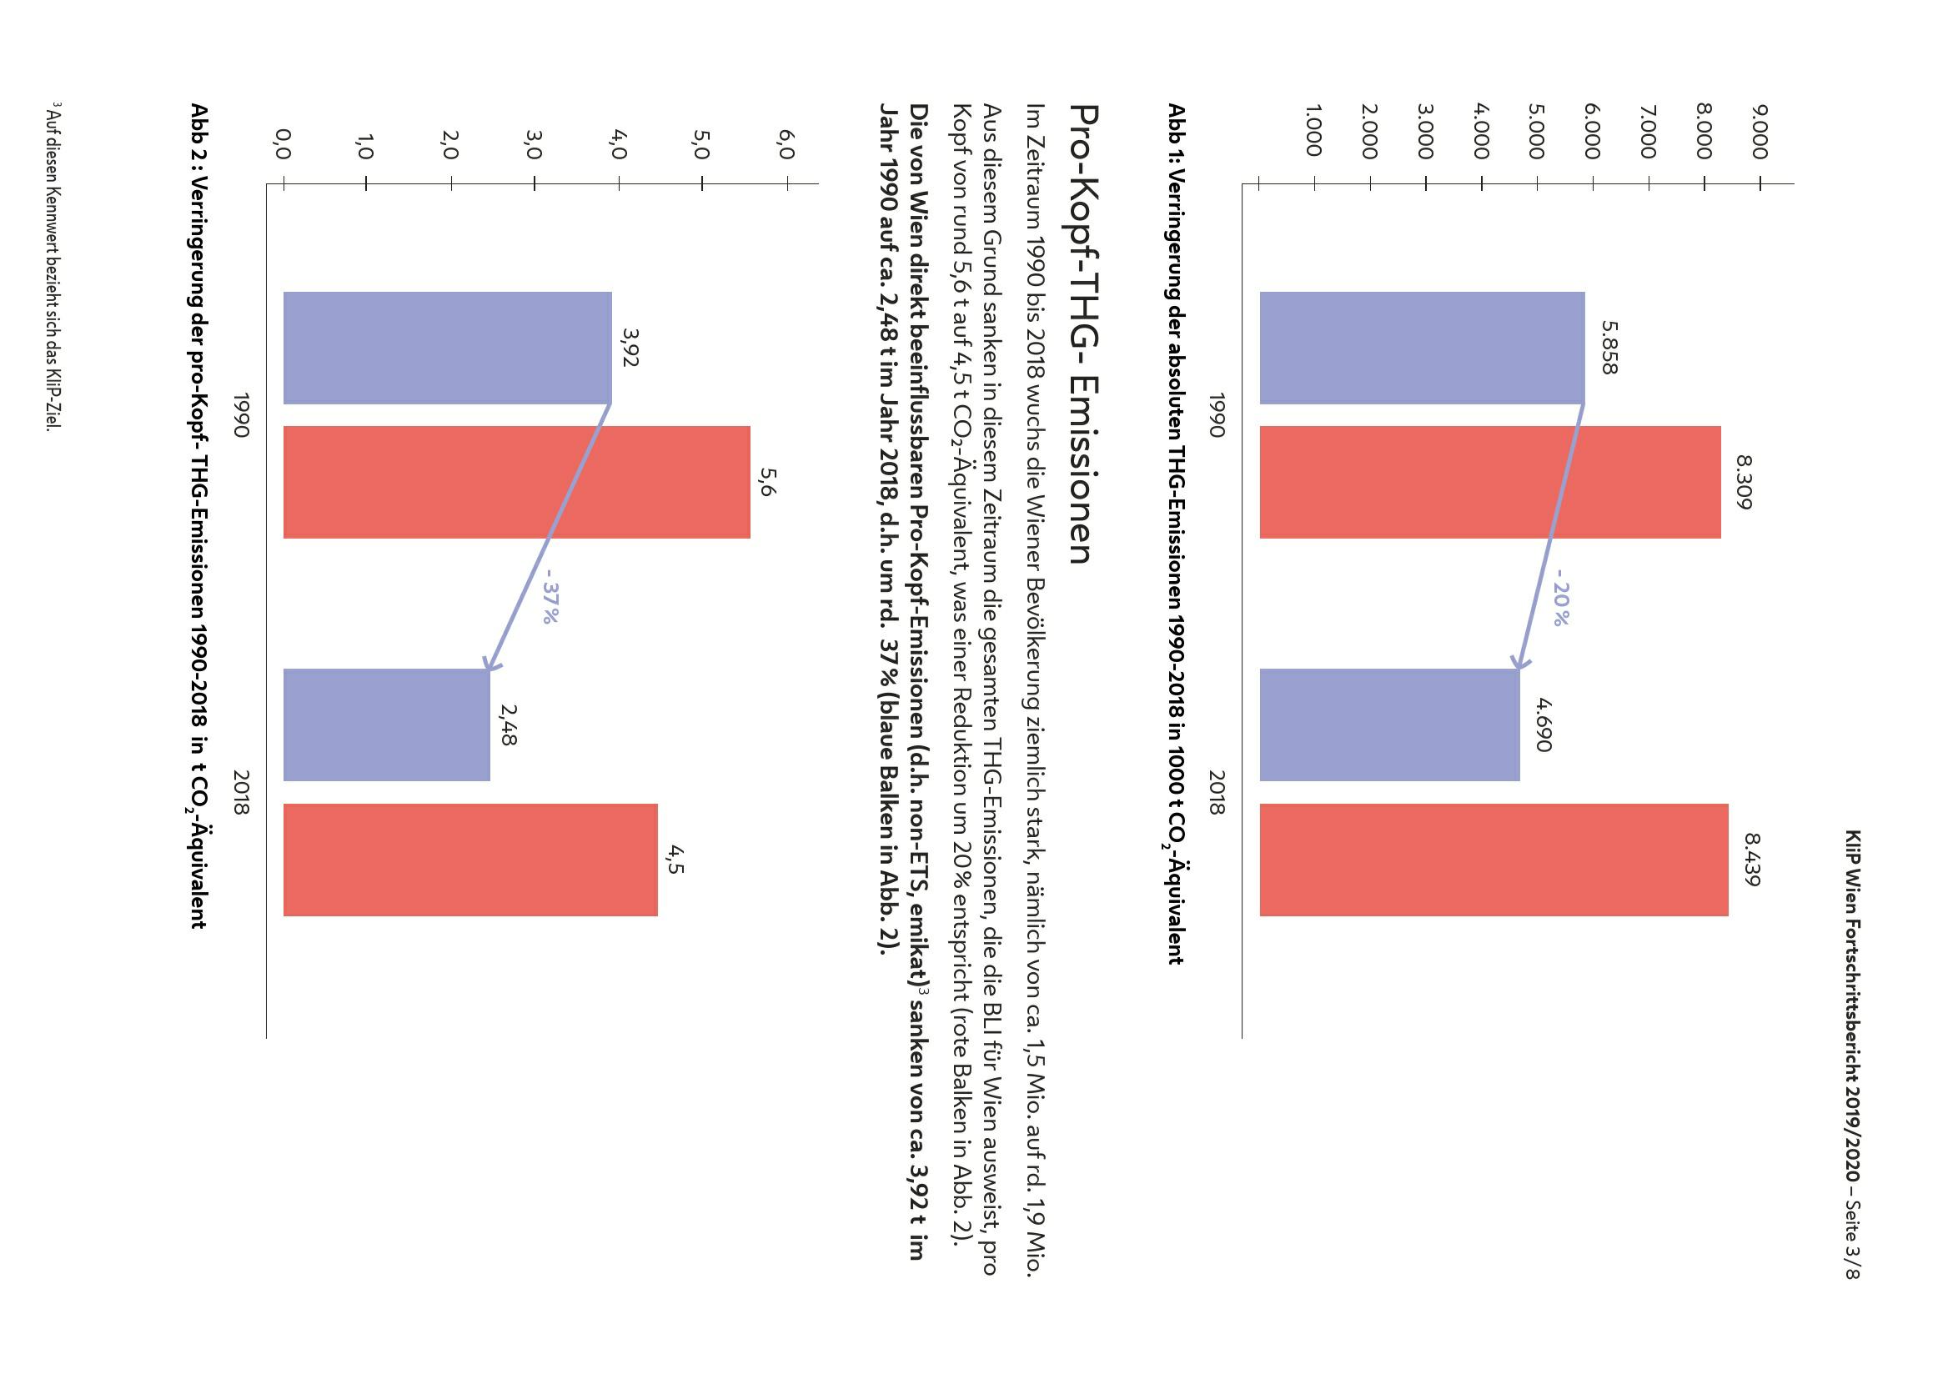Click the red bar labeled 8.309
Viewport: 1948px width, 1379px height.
click(1489, 481)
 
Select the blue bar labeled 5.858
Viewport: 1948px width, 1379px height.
click(1422, 348)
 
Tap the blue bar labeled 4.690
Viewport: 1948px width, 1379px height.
click(1389, 725)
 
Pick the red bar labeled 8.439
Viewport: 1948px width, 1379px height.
click(1493, 860)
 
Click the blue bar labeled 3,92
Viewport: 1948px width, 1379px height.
click(447, 348)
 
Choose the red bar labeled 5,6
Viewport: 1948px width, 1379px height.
click(516, 481)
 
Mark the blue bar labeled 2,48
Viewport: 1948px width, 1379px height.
click(386, 725)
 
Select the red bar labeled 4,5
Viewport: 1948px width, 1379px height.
click(469, 860)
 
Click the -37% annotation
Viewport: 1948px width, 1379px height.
click(550, 603)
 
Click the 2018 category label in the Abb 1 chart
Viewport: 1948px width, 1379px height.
click(1217, 792)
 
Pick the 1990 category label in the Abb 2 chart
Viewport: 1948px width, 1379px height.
click(241, 414)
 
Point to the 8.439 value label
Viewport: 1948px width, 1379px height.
click(1751, 860)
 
